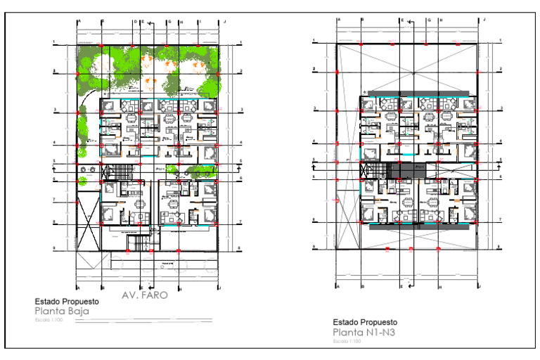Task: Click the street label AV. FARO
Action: coord(145,295)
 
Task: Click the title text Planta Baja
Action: coord(56,310)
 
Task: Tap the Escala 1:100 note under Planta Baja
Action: coord(48,319)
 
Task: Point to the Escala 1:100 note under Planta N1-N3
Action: coord(347,341)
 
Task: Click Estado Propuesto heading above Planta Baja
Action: coord(67,301)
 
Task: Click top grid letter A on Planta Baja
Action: coord(79,22)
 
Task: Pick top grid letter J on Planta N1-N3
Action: coord(480,20)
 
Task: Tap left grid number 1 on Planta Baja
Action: coord(53,44)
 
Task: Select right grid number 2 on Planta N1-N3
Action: coord(500,69)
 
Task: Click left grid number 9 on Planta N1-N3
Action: coord(315,247)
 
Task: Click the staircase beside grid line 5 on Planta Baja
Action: coord(108,172)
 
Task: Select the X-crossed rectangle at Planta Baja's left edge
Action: coord(88,226)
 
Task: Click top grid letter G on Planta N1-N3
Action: coord(428,20)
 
